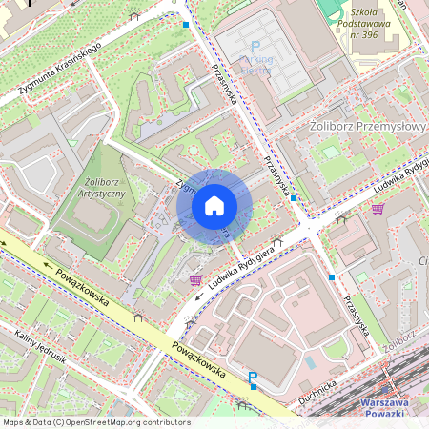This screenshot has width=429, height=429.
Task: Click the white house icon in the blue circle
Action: (x=214, y=206)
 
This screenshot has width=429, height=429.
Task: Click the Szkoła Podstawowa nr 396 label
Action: (x=363, y=34)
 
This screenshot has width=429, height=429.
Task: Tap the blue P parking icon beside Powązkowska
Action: (x=253, y=379)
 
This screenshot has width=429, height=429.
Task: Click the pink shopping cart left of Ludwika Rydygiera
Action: (x=196, y=280)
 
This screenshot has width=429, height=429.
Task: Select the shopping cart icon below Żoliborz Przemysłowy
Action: (x=378, y=209)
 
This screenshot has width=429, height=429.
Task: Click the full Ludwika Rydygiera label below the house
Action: (x=245, y=268)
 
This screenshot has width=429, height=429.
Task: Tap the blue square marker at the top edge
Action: (x=185, y=25)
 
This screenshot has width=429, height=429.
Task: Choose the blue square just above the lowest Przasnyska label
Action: (x=332, y=276)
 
